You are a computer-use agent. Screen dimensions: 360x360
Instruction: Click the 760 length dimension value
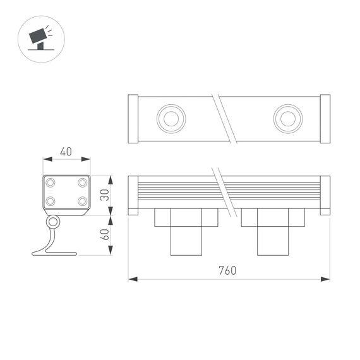point(227,271)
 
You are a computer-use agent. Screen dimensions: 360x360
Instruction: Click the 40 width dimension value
point(66,152)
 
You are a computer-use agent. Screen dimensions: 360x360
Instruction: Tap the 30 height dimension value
point(104,195)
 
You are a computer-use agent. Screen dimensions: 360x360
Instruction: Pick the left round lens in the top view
point(170,119)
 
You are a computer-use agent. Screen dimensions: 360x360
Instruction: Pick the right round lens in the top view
point(287,119)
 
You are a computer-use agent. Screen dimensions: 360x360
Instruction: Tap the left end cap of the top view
point(133,119)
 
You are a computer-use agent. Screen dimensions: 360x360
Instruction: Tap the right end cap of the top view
point(325,119)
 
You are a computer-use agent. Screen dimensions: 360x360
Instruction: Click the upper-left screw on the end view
point(51,183)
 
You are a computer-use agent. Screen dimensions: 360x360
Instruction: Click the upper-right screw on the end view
point(82,183)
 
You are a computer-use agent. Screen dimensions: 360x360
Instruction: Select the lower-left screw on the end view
point(51,201)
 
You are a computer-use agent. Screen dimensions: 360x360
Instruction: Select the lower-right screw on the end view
point(82,201)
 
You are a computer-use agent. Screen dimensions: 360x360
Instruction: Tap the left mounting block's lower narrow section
point(186,241)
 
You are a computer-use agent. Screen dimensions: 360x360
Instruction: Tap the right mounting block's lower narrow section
point(273,241)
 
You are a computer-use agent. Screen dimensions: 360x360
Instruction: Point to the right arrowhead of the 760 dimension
point(327,279)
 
